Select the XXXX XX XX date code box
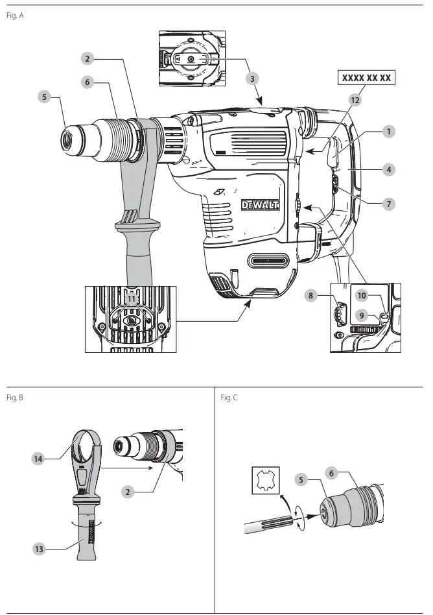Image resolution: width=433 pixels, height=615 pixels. tap(366, 78)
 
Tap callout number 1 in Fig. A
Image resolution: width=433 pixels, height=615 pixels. tap(388, 131)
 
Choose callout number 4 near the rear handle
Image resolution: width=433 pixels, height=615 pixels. tap(388, 170)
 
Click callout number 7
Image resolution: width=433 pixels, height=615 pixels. tap(388, 204)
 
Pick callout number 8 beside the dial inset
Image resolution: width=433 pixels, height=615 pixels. tap(311, 295)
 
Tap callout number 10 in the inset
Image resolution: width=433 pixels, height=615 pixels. tap(362, 295)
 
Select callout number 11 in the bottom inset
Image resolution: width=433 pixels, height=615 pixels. tap(132, 299)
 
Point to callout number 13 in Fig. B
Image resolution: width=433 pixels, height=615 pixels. tap(39, 548)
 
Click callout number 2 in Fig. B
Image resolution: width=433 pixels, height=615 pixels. tap(128, 492)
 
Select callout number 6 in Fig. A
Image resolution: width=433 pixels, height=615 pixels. tap(88, 82)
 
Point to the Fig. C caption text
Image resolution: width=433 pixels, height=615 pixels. tap(229, 397)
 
